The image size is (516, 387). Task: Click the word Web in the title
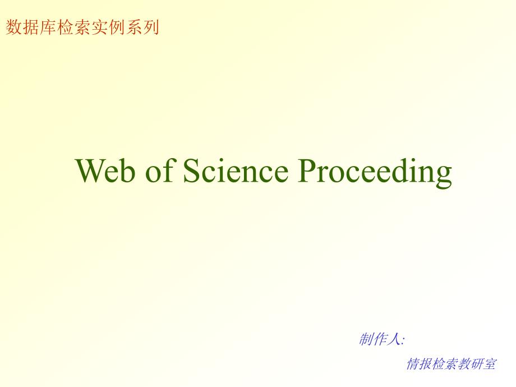tap(105, 170)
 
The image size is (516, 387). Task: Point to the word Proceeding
tap(375, 173)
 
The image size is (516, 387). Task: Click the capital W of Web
tap(92, 171)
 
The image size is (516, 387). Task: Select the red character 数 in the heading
tap(14, 27)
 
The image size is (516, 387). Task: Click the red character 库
tap(48, 27)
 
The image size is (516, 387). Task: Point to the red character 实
tap(99, 27)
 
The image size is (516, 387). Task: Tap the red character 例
tap(117, 27)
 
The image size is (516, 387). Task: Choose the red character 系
tap(133, 27)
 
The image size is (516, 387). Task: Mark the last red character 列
tap(151, 27)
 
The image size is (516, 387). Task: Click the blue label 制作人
tap(380, 339)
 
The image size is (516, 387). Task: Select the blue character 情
tap(413, 364)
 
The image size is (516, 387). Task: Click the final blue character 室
tap(490, 364)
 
